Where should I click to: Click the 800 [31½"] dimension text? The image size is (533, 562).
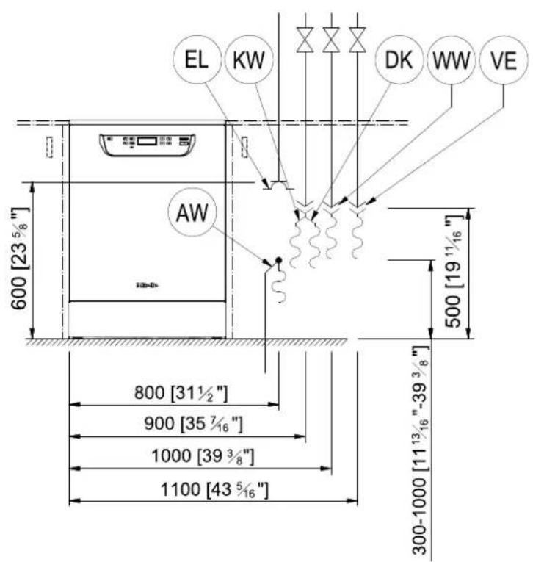(180, 394)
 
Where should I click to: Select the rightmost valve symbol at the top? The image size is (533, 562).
(357, 38)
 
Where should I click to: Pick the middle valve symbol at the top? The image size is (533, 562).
(331, 38)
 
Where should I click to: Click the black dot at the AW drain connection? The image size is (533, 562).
(278, 260)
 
